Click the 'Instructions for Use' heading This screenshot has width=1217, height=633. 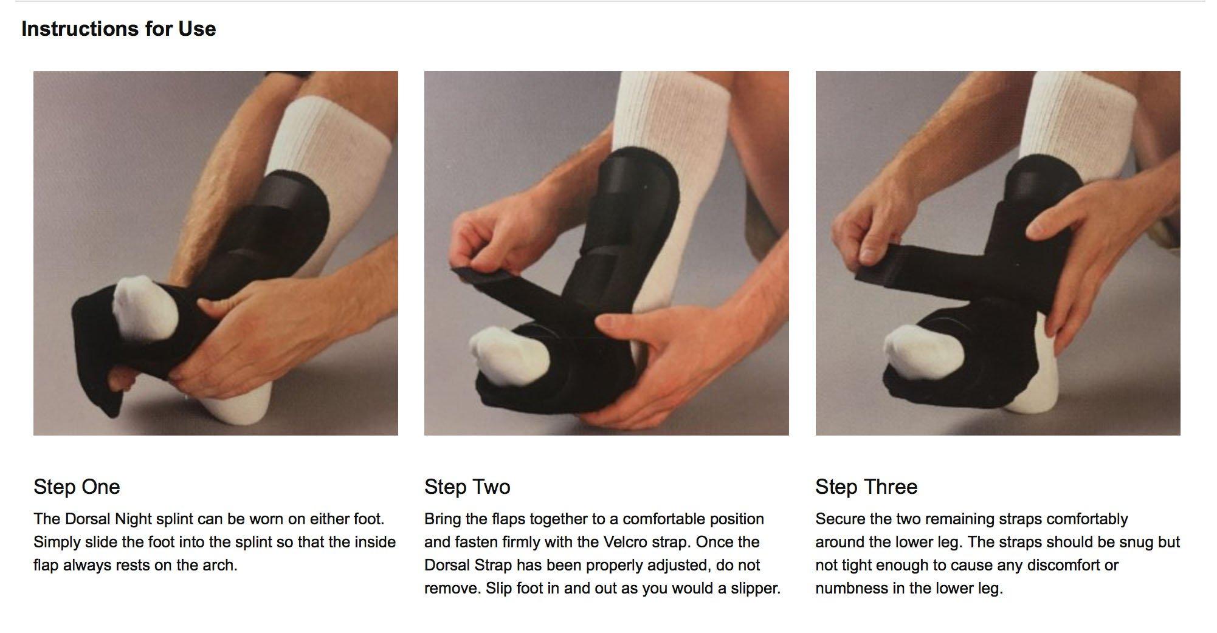[119, 29]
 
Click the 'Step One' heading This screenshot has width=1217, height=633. [77, 487]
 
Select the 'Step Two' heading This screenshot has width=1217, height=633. [467, 487]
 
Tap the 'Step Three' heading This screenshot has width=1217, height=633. [866, 487]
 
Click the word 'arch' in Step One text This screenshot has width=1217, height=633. [220, 566]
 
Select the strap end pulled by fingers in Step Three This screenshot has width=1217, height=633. [875, 270]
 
